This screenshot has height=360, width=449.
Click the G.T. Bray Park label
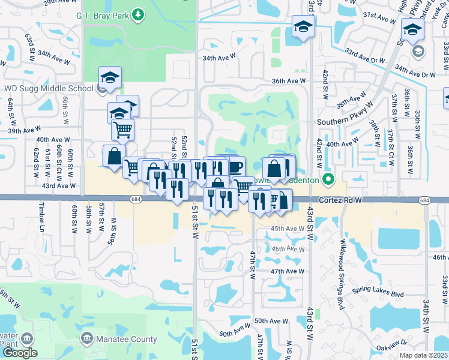click(104, 14)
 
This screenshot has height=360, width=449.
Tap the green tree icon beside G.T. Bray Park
click(139, 14)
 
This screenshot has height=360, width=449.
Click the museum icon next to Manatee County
click(88, 339)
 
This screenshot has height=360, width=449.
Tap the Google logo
click(20, 353)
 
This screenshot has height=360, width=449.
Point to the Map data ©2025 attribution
click(424, 355)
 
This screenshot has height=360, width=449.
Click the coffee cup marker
click(234, 166)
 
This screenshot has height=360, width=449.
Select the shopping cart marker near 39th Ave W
click(122, 128)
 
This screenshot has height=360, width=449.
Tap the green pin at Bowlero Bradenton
click(328, 179)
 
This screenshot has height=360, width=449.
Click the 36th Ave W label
click(289, 81)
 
